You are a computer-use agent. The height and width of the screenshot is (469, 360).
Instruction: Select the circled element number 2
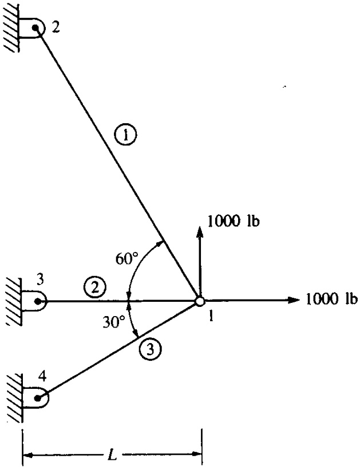93,285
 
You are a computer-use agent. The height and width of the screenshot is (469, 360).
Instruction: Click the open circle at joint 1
199,301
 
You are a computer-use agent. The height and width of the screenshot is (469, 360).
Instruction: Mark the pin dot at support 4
37,397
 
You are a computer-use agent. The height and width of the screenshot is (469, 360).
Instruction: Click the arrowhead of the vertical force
200,230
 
